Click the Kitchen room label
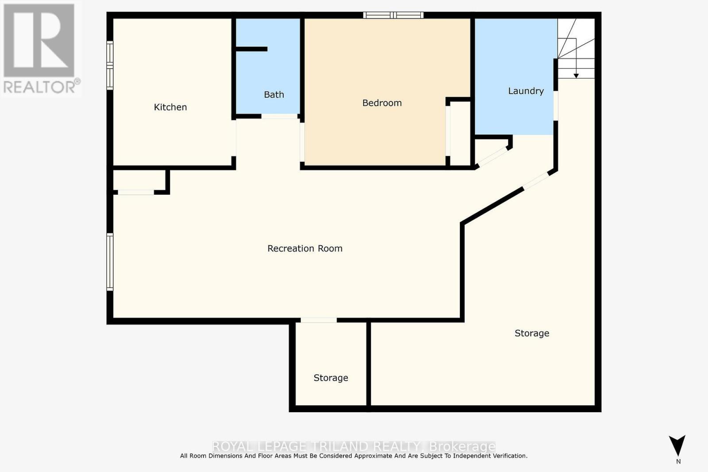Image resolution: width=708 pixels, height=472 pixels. point(170,107)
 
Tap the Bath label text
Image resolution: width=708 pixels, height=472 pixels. point(274,95)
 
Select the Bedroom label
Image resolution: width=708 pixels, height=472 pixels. point(382,103)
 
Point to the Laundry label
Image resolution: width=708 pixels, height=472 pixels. point(526,91)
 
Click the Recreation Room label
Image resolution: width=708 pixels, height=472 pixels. point(305,249)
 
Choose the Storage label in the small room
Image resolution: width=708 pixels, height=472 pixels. point(331,378)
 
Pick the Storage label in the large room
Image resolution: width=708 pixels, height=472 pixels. point(532,333)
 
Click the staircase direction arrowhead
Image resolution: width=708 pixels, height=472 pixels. point(576,76)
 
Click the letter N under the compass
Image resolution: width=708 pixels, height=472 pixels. point(678,461)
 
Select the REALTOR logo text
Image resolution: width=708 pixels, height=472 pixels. point(41,87)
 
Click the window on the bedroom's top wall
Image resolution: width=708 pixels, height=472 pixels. point(393,15)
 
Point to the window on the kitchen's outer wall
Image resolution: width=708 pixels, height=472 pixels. point(110,65)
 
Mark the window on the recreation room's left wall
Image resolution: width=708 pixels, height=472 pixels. point(110,262)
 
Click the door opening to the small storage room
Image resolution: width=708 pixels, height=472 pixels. point(319,320)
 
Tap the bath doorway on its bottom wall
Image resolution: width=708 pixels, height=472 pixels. point(279,116)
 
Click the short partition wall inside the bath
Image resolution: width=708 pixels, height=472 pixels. point(251,49)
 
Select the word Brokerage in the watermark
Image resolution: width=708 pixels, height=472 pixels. point(462,446)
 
